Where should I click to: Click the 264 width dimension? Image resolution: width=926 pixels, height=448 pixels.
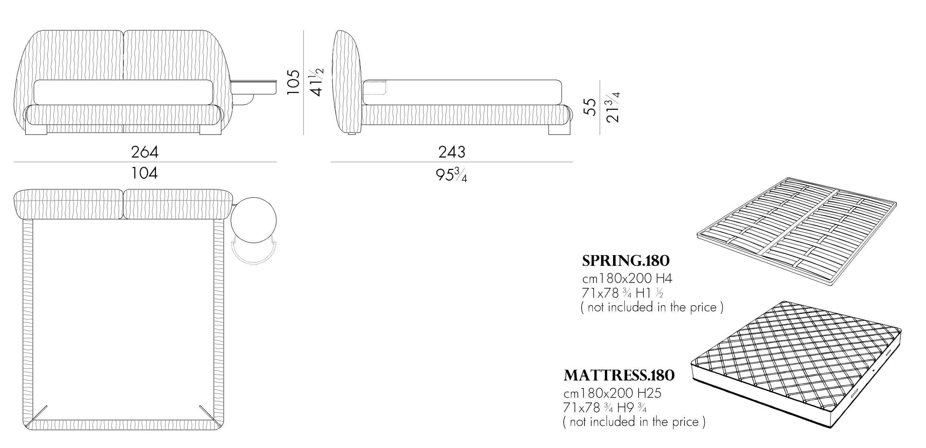point(145,152)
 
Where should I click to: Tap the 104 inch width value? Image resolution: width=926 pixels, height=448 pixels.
point(145,173)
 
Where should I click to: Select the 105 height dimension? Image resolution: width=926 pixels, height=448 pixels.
point(293,82)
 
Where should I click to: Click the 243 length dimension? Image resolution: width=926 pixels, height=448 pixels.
point(452,152)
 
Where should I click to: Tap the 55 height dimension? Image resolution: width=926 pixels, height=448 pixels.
point(589,107)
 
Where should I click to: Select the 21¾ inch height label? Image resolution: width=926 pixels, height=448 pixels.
point(613,107)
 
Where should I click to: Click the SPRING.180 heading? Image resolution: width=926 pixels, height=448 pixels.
point(626,261)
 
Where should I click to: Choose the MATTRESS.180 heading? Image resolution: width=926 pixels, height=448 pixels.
point(619,375)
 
